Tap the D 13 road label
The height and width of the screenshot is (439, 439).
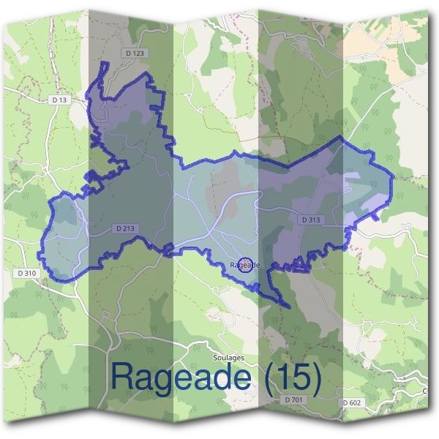pos(61,100)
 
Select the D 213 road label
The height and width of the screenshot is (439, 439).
pos(125,229)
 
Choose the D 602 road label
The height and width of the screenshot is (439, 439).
pos(352,402)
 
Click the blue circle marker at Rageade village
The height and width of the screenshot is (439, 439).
pos(247,265)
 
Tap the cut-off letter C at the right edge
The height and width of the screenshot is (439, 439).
pos(426,391)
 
